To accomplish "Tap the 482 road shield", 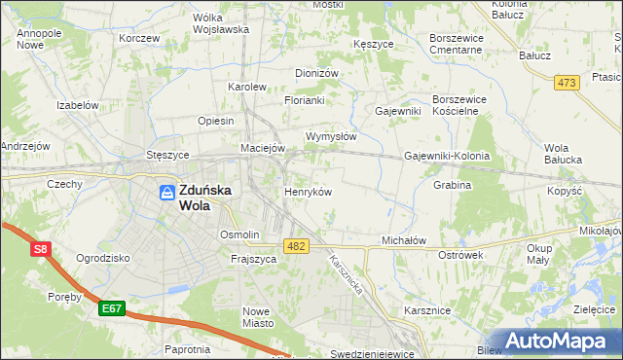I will (296, 247).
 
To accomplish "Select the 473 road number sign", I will (567, 83).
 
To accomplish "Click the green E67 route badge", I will (112, 308).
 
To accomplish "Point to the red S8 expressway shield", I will (40, 250).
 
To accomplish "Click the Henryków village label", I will (308, 192).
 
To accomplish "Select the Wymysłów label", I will (331, 136).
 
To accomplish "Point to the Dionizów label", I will (316, 73).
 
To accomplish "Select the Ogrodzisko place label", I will (103, 258).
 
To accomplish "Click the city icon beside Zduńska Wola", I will (166, 192).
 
